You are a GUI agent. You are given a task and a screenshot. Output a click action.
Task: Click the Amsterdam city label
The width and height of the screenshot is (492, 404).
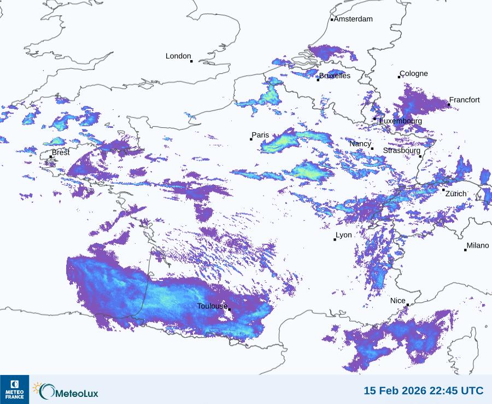pos(353,19)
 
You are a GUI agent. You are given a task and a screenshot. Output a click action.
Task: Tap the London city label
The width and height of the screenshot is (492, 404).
pos(178,56)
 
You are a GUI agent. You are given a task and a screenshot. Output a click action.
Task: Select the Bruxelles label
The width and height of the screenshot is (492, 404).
pos(335,76)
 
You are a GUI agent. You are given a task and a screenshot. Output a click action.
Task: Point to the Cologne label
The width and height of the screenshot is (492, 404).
pos(414,74)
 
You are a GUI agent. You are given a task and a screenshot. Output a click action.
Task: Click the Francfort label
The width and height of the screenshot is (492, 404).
pos(464,100)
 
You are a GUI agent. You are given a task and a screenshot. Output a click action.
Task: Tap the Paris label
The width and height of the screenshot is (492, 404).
pos(261,135)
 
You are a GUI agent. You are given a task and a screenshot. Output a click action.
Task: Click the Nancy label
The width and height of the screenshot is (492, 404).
pos(360,144)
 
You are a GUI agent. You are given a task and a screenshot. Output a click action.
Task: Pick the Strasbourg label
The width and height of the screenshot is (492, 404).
pos(402,150)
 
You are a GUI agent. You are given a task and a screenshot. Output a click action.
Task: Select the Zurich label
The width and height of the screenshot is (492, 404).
pos(456,194)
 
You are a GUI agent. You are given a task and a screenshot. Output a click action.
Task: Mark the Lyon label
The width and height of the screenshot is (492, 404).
pos(344,235)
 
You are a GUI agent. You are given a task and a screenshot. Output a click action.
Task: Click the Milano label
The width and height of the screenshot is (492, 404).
pos(478,246)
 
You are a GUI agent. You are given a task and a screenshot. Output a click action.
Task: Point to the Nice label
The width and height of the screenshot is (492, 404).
pos(398,301)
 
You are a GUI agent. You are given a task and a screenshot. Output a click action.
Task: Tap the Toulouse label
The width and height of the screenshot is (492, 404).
pos(212,306)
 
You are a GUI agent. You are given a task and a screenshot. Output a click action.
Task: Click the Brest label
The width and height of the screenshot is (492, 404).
pos(61,153)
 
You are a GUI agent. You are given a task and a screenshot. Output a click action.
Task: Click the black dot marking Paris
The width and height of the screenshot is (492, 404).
pos(251,139)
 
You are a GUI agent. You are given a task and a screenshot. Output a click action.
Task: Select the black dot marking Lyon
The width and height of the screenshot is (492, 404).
pos(335,239)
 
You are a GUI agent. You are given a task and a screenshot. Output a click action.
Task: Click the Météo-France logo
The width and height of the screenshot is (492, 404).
pos(14,389)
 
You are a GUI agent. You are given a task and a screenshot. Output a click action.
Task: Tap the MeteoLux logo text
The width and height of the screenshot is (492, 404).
pos(75,391)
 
